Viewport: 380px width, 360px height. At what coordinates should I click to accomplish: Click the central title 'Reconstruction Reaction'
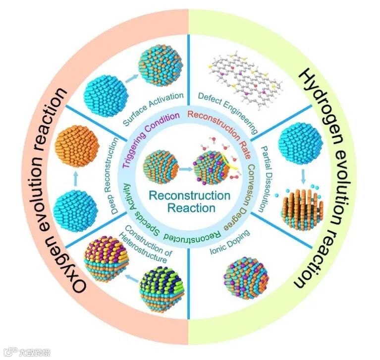pyautogui.click(x=190, y=200)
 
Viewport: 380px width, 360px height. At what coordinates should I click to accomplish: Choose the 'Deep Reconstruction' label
pyautogui.click(x=115, y=176)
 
